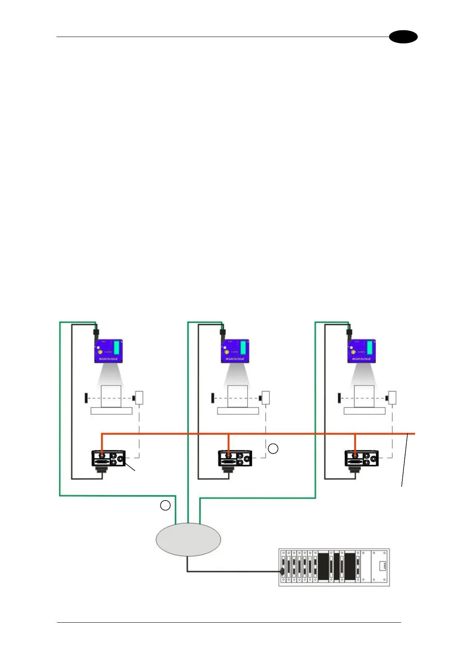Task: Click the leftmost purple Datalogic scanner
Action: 108,351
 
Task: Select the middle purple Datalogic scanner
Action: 235,351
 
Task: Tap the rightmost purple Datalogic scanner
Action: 361,351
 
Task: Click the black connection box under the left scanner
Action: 109,458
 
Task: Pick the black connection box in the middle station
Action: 235,458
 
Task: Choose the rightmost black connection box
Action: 361,458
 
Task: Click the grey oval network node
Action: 188,540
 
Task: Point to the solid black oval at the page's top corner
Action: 403,37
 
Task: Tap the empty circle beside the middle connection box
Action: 273,449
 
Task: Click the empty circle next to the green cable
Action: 165,505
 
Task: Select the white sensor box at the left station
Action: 139,397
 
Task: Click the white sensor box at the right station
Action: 392,397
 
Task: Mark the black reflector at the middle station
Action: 213,397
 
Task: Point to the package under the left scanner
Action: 111,396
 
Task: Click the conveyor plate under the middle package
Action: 238,411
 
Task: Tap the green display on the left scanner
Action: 117,347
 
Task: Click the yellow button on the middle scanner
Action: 227,352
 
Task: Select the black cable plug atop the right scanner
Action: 349,332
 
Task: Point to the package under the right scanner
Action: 364,396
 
